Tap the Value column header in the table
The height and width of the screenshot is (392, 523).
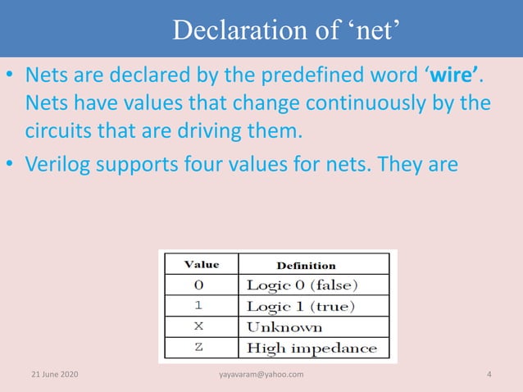coord(201,265)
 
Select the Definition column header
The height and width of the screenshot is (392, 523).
coord(306,265)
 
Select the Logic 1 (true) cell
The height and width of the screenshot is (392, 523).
coord(300,306)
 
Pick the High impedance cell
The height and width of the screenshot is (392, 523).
coord(312,348)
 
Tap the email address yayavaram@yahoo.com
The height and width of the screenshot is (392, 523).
coord(261,375)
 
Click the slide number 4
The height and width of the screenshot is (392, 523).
coord(489,375)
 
